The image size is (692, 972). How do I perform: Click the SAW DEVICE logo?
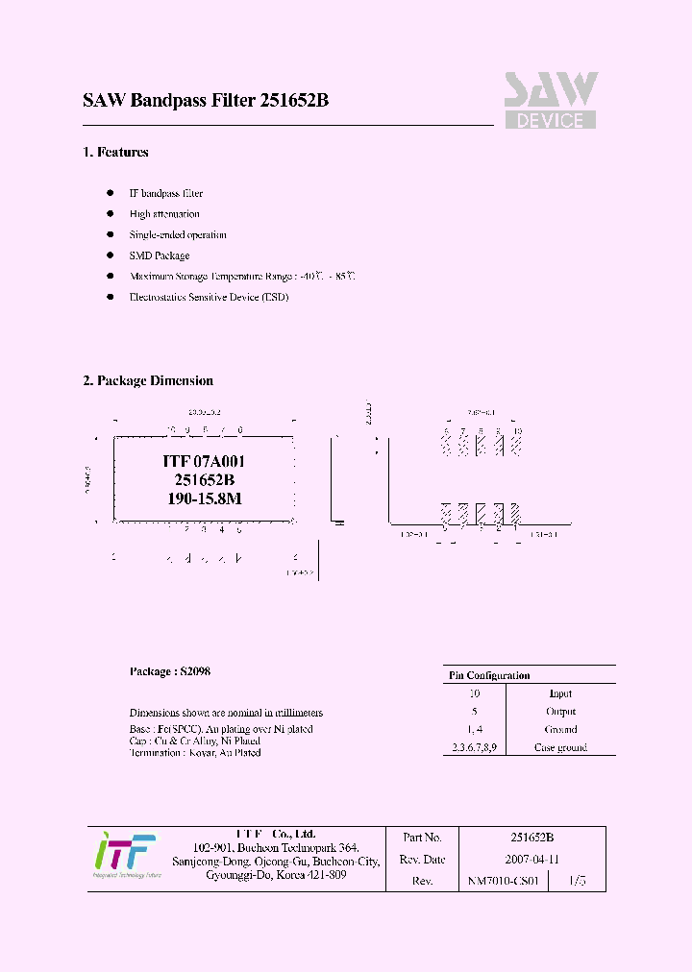551,100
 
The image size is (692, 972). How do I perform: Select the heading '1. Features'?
115,152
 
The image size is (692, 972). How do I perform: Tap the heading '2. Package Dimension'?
148,380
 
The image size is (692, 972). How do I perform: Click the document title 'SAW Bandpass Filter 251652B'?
206,101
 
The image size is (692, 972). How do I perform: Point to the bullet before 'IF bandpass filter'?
110,193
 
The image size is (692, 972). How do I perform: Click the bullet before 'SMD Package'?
110,255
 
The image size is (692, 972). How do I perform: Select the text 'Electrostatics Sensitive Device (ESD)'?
209,298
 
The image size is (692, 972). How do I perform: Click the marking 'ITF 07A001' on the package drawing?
204,461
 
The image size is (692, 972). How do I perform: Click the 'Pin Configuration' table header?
489,675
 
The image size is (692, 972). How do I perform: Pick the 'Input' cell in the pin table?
560,693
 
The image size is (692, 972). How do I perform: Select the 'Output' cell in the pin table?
560,712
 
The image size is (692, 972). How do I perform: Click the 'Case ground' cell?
560,747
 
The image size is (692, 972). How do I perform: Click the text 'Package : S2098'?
170,671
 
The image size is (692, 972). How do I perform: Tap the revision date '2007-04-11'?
531,859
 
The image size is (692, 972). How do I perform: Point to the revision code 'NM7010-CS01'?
505,881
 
